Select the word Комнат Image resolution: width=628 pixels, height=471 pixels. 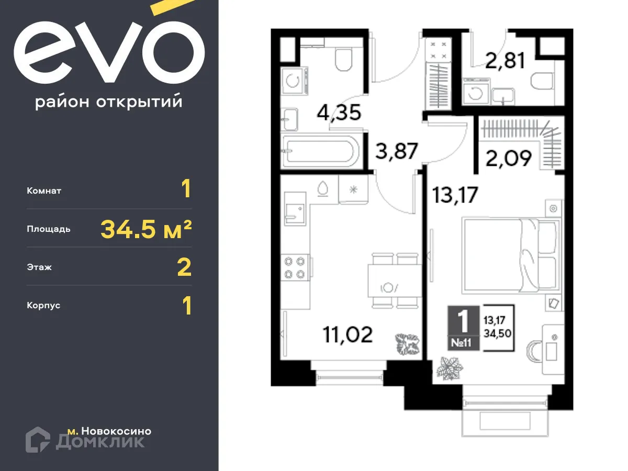point(44,191)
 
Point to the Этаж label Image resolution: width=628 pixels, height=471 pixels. point(39,267)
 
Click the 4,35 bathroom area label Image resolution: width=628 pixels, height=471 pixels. point(340,113)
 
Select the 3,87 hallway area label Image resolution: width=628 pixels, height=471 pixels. point(397,152)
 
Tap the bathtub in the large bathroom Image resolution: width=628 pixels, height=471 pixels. point(319,152)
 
